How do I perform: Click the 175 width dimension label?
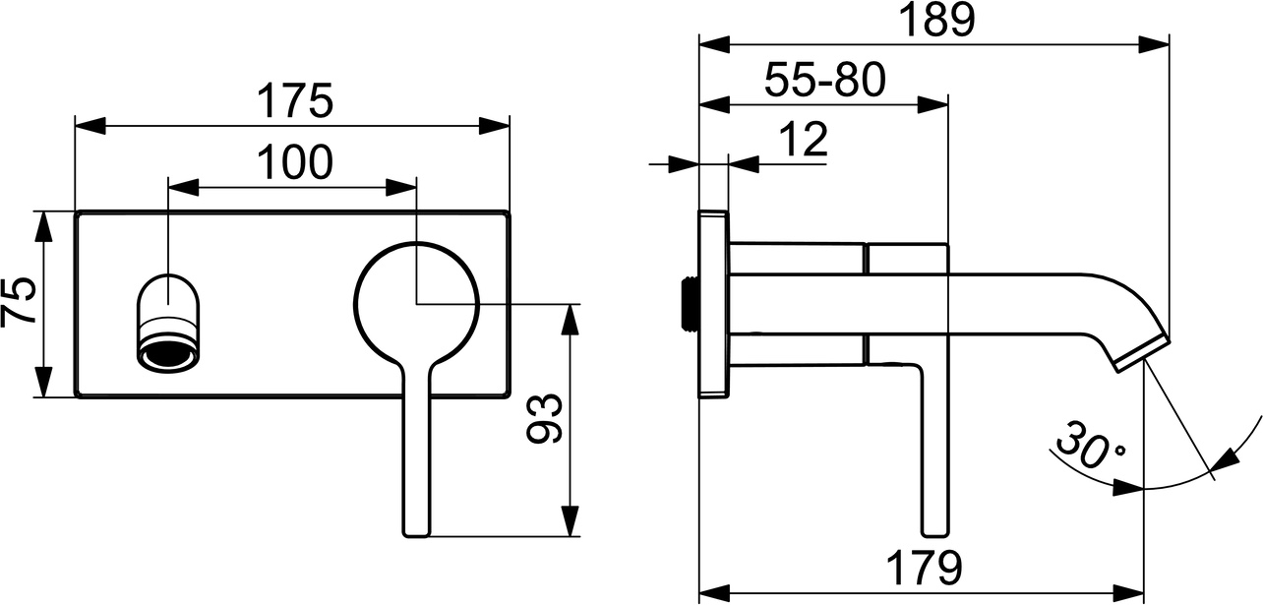coord(294,101)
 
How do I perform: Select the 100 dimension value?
coord(294,162)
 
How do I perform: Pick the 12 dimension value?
coord(806,141)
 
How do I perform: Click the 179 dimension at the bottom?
coord(921,568)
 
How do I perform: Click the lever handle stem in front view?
coord(416,453)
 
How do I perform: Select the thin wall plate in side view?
coord(712,303)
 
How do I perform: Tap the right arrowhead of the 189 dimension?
coord(1156,44)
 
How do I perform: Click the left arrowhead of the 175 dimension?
coord(89,125)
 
